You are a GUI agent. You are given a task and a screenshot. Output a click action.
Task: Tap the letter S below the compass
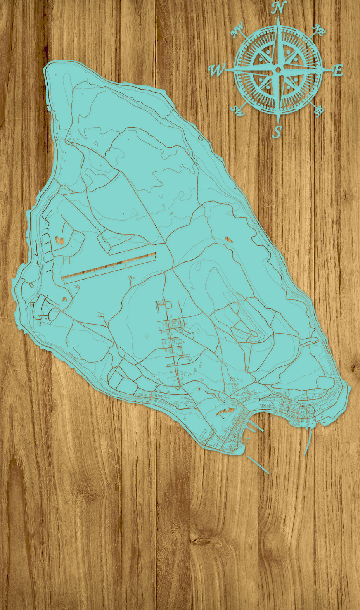[276, 132]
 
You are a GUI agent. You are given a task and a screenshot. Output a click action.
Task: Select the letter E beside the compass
[338, 70]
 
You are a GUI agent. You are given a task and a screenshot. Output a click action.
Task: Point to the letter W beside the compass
[217, 70]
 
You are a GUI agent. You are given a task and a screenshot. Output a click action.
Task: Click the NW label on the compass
[237, 30]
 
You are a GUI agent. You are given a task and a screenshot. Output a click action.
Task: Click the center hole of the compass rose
[278, 70]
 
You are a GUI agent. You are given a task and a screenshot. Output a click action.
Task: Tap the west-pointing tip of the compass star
[226, 70]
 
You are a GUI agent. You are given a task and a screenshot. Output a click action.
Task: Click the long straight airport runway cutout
[109, 266]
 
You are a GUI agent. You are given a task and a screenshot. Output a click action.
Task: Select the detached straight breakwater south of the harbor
[258, 465]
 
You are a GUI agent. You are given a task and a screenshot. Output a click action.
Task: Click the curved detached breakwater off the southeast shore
[308, 442]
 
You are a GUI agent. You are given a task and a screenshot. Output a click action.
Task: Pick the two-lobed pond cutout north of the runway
[59, 240]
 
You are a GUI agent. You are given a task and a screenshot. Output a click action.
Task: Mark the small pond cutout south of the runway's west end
[64, 299]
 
